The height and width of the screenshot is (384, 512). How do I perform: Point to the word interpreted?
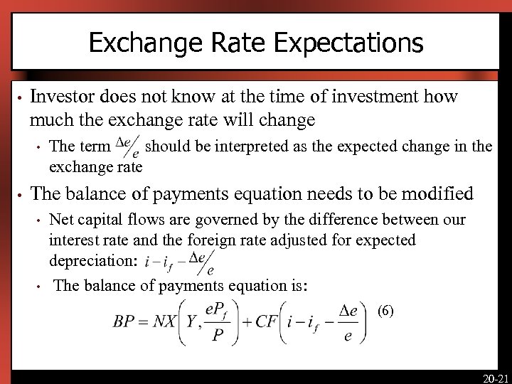[235, 147]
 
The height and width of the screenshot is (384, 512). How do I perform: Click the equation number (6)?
[384, 310]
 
